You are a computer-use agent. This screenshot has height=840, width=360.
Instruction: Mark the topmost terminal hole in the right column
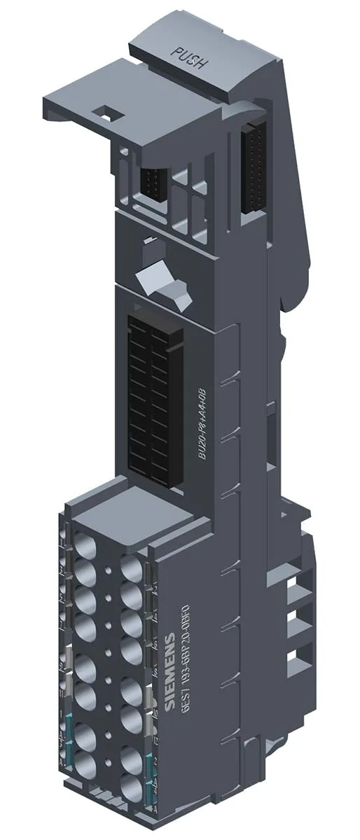[x=131, y=567]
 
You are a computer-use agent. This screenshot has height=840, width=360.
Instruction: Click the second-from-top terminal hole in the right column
[x=131, y=596]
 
